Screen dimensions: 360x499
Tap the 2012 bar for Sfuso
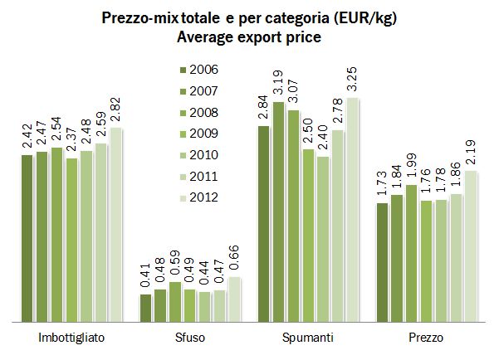point(235,299)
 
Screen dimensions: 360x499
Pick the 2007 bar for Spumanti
point(279,212)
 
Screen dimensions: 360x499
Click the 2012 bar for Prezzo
point(472,246)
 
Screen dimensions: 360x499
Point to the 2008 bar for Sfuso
point(175,301)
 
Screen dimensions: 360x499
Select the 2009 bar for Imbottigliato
point(72,239)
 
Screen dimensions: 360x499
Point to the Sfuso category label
point(190,338)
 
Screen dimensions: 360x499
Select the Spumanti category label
point(308,338)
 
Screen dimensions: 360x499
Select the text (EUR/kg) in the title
point(362,17)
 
